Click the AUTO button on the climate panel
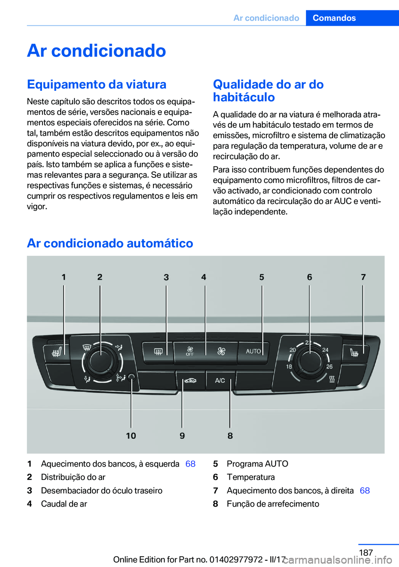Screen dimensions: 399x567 [254, 352]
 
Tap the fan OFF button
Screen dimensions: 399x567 [190, 352]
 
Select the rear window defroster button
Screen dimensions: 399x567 [158, 352]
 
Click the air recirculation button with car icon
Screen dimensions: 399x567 [190, 380]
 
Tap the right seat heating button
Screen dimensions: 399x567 [354, 352]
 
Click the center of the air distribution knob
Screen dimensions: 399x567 [101, 361]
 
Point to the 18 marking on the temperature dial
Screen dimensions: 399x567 [289, 366]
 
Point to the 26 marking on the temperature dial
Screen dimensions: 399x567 [330, 366]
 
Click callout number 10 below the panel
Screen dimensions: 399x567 [131, 436]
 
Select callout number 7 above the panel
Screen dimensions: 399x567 [363, 277]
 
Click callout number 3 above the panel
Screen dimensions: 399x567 [166, 277]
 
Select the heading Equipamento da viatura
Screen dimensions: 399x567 [97, 84]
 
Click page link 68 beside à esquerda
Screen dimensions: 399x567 [190, 464]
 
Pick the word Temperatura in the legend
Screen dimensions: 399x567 [251, 477]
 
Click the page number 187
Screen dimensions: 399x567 [366, 552]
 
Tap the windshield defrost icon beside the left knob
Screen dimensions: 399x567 [87, 347]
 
